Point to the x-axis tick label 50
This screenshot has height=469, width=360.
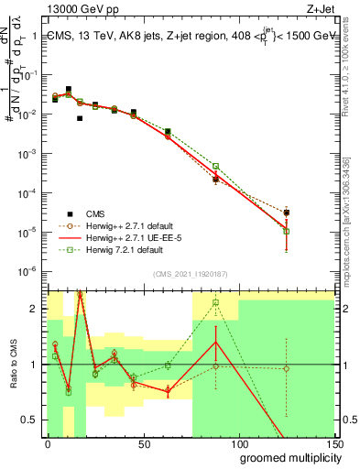pyautogui.click(x=144, y=445)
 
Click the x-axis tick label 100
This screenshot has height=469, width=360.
pyautogui.click(x=240, y=445)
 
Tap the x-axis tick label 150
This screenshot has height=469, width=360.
pyautogui.click(x=334, y=445)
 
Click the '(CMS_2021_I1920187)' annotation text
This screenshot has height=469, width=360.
pyautogui.click(x=191, y=273)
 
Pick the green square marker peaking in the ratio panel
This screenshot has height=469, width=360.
pyautogui.click(x=216, y=302)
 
